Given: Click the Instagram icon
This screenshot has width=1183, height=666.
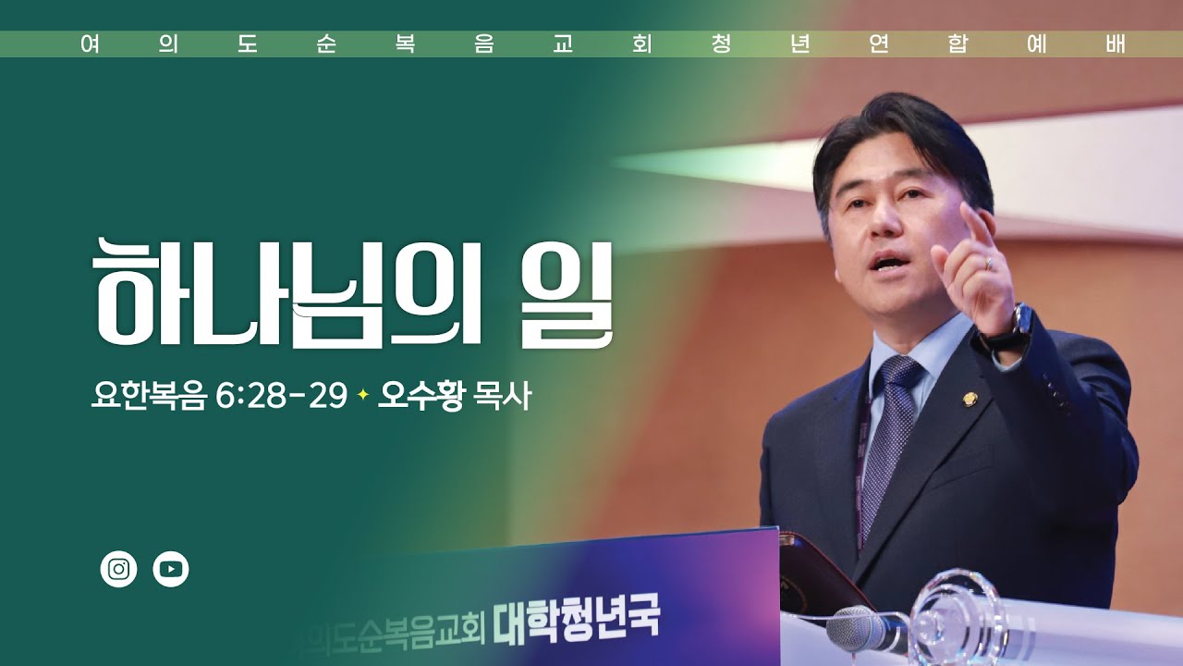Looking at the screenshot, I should point(118,569).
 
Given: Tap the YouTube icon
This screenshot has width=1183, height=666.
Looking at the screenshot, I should point(171,569).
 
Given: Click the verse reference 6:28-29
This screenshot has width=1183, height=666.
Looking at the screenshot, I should point(281,397).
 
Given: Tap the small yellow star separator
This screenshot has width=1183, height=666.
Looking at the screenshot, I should point(363,396).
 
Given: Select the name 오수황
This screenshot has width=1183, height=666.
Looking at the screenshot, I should point(421,397).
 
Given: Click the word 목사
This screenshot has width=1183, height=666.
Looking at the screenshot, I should point(502,397).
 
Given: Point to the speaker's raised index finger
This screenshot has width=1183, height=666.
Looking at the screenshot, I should point(970,222).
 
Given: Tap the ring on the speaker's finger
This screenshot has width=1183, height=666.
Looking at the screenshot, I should point(988,263).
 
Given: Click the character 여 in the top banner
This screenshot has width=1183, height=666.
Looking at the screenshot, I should point(90,44).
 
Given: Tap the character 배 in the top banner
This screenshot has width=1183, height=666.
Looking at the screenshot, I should point(1116,44).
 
